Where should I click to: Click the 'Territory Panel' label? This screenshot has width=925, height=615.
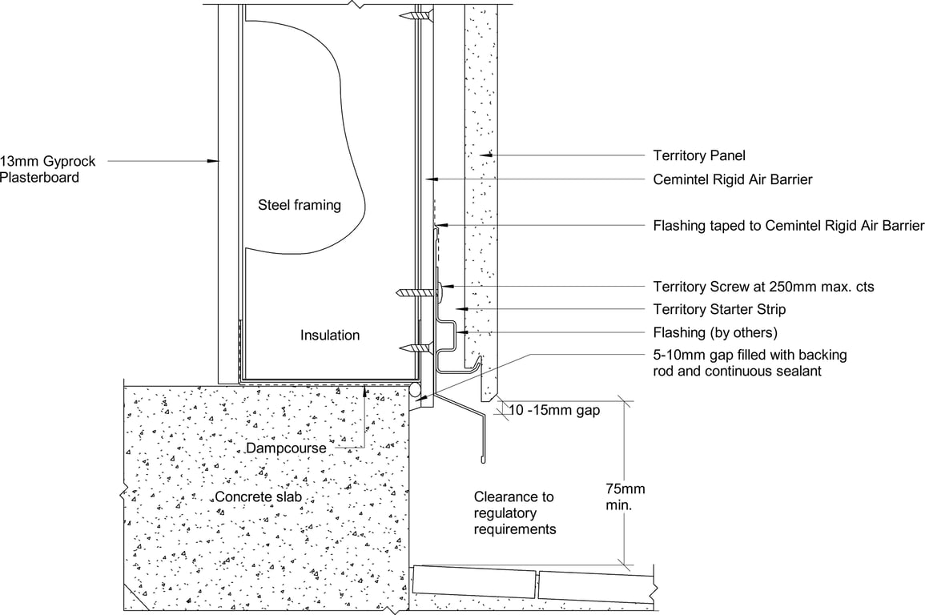(699, 155)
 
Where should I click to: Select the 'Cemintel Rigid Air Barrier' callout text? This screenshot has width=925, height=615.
(732, 179)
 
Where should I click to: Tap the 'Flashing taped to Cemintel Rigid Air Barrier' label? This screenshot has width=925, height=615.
(788, 225)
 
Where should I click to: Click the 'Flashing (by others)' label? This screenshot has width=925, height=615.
(715, 332)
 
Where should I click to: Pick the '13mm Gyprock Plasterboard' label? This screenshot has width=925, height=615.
(47, 169)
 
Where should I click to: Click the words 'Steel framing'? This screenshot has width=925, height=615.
(299, 205)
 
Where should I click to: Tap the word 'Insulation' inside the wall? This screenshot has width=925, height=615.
(330, 336)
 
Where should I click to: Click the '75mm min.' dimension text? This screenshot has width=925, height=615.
(625, 496)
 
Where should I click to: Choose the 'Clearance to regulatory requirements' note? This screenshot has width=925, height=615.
(513, 513)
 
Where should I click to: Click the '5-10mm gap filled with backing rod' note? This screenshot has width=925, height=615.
(750, 362)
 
